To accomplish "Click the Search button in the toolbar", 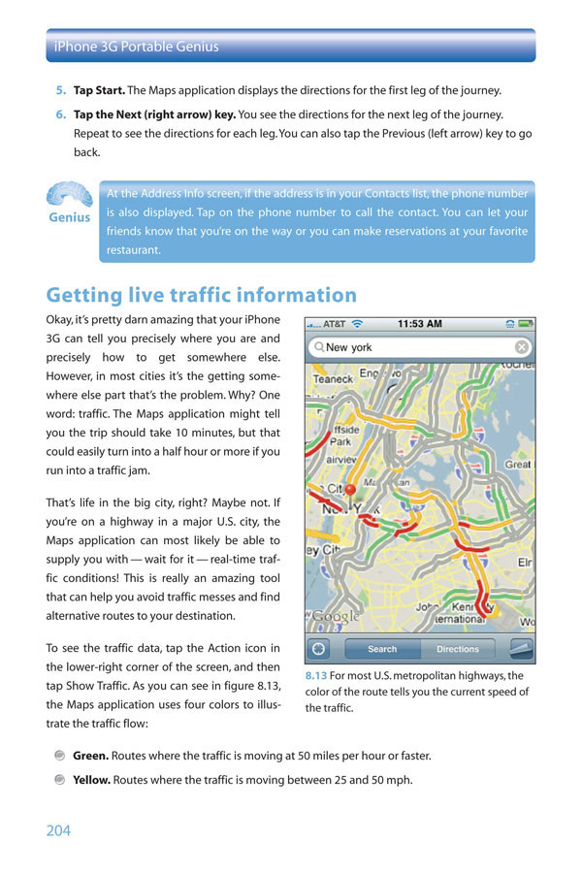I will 382,649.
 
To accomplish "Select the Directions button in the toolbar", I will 457,649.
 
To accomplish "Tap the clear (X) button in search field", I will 522,347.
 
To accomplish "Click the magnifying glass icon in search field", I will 318,347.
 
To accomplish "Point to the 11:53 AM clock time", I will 420,323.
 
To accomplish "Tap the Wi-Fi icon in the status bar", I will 357,323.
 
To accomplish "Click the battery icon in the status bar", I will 525,323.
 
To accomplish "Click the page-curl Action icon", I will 521,649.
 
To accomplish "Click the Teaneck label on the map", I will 332,379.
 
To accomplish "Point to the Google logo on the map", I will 335,616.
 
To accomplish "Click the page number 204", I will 58,830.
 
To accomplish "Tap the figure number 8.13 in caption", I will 315,676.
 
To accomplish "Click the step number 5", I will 60,90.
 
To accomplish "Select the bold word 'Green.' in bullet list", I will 91,756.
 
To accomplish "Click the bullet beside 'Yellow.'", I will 60,779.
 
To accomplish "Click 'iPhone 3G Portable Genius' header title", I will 137,46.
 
